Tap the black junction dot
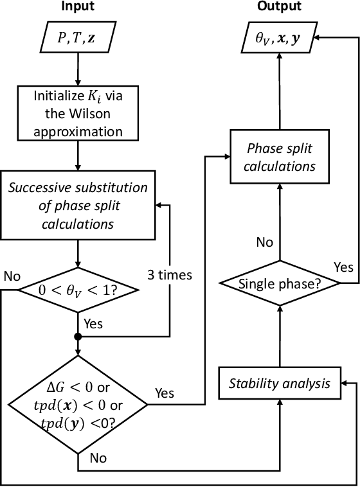77,336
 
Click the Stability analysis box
280,384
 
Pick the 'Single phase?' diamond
280,283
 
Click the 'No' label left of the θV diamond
12,277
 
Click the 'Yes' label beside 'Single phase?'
344,265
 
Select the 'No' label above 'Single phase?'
264,242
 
